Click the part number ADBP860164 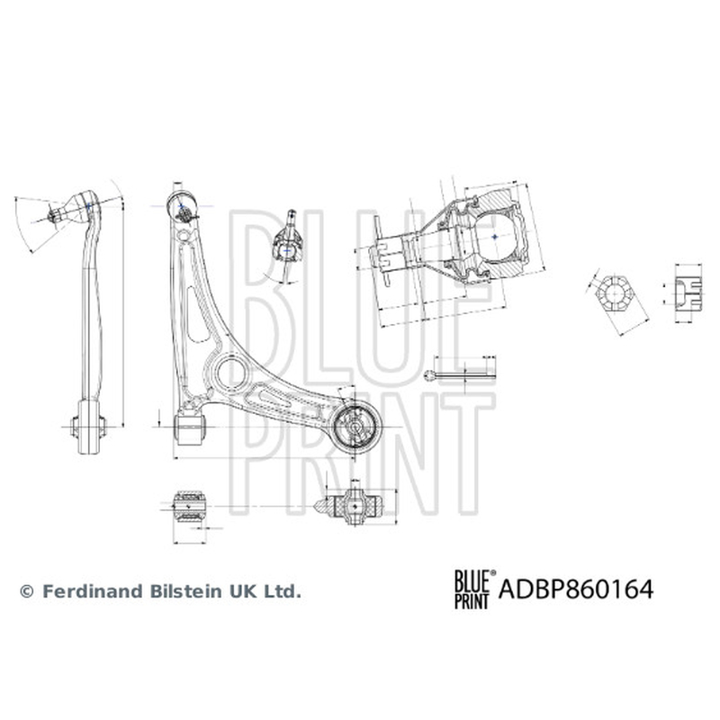click(x=575, y=589)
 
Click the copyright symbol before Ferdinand click(x=27, y=592)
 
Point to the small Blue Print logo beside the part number click(x=475, y=589)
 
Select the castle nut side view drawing click(x=688, y=294)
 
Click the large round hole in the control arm click(x=232, y=373)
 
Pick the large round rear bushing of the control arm click(x=355, y=427)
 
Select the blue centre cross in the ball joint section click(x=494, y=237)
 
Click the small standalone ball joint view click(x=288, y=246)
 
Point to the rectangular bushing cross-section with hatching click(x=190, y=507)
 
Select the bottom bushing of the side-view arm click(x=88, y=427)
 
